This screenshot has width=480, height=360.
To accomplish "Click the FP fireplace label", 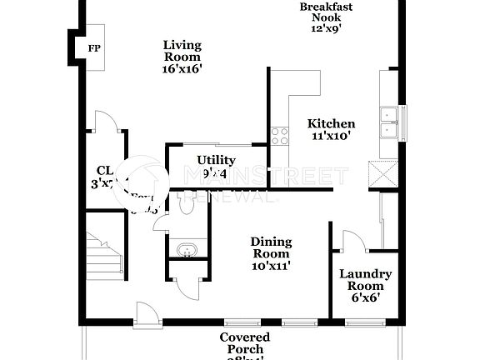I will tap(93, 47).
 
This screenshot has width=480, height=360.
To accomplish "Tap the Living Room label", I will tap(182, 51).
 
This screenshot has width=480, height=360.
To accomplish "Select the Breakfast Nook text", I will tap(327, 12).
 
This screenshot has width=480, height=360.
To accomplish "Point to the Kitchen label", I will tap(331, 123).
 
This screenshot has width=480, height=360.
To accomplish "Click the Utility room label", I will tap(216, 160).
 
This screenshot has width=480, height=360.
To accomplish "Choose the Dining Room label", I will tap(271, 247).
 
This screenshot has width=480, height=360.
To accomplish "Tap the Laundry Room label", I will tap(365, 280).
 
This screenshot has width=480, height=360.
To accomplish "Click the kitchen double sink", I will tap(388, 122).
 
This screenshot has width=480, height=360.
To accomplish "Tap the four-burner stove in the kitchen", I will tap(278, 136).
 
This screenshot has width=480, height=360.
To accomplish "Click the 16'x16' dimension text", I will tap(182, 71).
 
